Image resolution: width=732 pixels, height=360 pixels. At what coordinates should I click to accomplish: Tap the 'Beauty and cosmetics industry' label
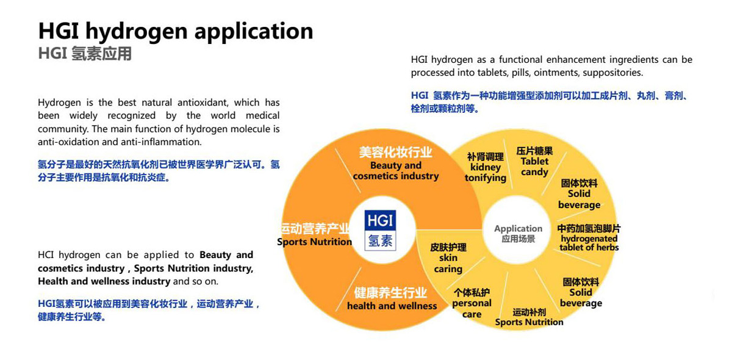[396, 171]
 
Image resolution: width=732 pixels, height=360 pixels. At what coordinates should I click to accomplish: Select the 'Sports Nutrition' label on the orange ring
[314, 242]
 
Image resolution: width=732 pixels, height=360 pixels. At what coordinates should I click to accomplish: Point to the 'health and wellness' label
[392, 306]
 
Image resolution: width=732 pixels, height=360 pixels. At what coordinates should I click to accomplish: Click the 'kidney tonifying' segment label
[486, 172]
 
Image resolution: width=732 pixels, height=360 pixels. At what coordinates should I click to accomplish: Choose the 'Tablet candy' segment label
[534, 167]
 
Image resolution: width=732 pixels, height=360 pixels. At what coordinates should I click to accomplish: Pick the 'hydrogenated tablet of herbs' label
[589, 243]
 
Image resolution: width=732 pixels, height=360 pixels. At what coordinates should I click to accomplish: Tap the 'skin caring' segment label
[448, 263]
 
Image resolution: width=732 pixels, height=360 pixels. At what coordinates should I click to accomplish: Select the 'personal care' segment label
[472, 309]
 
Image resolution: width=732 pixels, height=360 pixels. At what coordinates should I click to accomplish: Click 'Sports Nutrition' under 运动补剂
[529, 322]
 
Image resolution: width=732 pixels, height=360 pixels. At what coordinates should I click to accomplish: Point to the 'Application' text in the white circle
[518, 229]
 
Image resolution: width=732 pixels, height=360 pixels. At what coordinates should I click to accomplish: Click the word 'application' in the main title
[254, 32]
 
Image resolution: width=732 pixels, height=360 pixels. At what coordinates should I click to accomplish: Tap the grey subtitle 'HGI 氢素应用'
[85, 53]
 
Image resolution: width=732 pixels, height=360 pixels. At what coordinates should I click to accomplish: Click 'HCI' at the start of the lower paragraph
[46, 254]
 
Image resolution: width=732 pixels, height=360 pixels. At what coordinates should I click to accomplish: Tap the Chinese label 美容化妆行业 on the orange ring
[395, 153]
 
